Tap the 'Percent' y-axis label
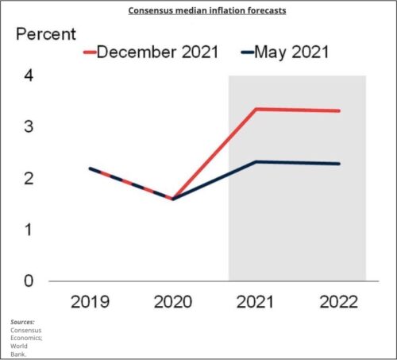(47, 35)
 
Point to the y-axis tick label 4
(29, 76)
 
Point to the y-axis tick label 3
(29, 127)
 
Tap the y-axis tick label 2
(29, 178)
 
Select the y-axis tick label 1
(29, 230)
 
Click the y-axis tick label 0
(29, 281)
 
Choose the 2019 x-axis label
(90, 303)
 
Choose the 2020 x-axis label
(172, 303)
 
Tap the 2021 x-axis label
(256, 303)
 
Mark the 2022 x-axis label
(339, 303)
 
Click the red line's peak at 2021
(256, 109)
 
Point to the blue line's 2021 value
(256, 162)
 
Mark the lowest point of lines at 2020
(172, 199)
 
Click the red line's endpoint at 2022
(340, 110)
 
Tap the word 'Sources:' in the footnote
(22, 321)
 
